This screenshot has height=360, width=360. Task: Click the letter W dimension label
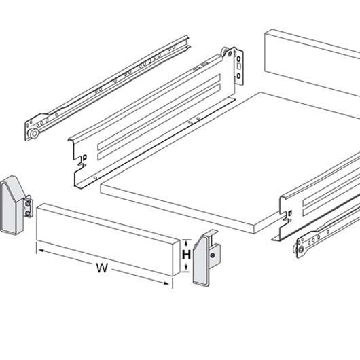pos(102,268)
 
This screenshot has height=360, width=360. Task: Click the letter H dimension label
pos(186,255)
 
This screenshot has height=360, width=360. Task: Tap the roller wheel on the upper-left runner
pos(34,133)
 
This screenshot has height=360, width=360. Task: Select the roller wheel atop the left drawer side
pos(225,52)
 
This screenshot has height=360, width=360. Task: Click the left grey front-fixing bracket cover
pos(12,205)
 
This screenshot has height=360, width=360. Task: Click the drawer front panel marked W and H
pos(108,240)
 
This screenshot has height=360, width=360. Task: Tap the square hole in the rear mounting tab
pos(239,67)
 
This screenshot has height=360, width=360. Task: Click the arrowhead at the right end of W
pos(166,283)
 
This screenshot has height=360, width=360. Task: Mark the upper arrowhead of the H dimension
pos(186,242)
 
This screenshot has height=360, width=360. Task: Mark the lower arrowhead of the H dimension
pos(186,267)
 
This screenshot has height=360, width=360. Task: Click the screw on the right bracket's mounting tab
pos(213,255)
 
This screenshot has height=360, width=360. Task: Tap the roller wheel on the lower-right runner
pos(300,249)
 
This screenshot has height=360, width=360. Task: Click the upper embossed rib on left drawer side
pos(159,112)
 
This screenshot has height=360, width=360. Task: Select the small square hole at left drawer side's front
pos(85,158)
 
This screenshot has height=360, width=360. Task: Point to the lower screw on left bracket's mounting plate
pos(28,213)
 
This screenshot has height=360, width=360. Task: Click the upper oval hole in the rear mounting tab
pos(238,59)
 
